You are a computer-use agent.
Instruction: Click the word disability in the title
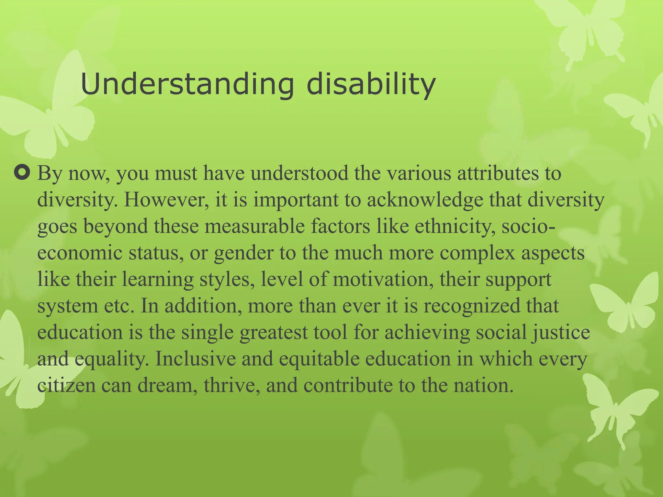tap(371, 85)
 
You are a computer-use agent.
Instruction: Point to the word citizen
tap(66, 385)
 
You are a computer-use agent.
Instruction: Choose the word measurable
tap(254, 226)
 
